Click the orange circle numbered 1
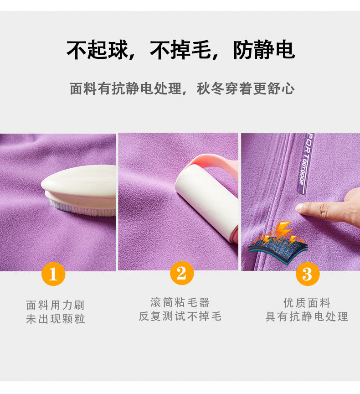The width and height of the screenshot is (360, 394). click(x=53, y=274)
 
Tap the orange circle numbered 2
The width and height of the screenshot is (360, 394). click(x=182, y=273)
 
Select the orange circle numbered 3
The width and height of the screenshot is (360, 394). click(x=308, y=274)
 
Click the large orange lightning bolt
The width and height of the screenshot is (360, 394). click(x=282, y=230)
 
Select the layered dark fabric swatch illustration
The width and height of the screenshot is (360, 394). click(x=278, y=251)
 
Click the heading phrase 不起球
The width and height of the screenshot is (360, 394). click(x=98, y=50)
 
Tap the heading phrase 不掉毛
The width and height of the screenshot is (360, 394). click(x=181, y=50)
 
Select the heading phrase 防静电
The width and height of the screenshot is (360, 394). click(x=264, y=50)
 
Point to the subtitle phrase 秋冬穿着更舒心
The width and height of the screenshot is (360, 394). click(x=246, y=88)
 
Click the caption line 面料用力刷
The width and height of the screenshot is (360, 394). click(x=56, y=305)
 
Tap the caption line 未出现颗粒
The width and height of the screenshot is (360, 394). click(x=56, y=319)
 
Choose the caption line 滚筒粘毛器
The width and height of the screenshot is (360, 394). click(x=180, y=302)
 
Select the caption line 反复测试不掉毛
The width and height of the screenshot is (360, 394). click(x=180, y=316)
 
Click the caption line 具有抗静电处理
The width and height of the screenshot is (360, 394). click(x=307, y=316)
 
